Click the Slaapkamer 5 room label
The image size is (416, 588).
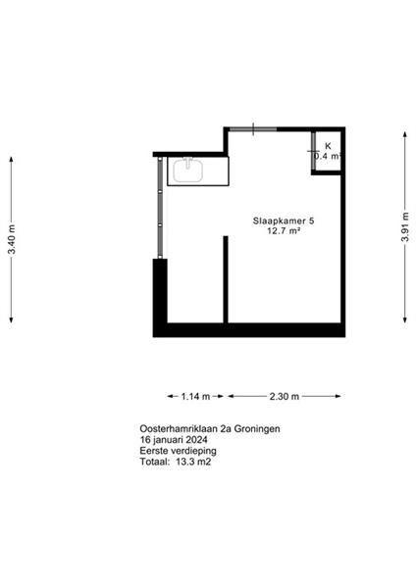coord(284,220)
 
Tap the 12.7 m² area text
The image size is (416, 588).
coord(284,230)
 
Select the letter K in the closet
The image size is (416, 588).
coord(328,146)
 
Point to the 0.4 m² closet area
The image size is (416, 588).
coord(328,156)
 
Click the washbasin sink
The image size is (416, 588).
coord(188,171)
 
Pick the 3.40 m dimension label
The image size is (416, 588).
coord(12,239)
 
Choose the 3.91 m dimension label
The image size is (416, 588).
coord(405,227)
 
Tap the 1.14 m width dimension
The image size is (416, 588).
coord(195,396)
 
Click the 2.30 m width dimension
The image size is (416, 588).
coord(285,396)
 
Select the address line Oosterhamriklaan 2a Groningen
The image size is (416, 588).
coord(210,428)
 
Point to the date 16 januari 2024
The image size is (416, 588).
coord(174,439)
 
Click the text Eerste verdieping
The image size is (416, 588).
coord(178,451)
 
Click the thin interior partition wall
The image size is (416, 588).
coord(226,279)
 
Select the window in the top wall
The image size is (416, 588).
coord(253,129)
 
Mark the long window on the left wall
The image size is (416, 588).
coord(160,208)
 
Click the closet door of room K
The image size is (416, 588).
coord(313,151)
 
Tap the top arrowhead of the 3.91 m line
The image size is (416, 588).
coord(405,134)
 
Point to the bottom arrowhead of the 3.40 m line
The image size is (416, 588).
coord(11,319)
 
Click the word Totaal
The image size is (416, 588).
coord(155,462)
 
